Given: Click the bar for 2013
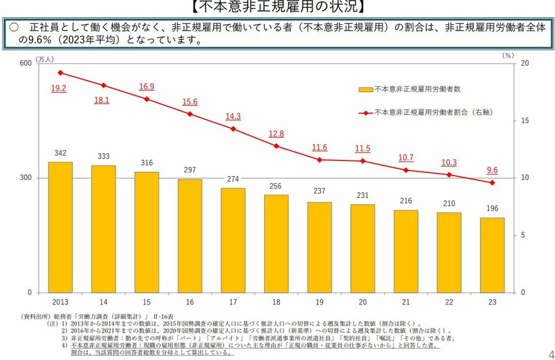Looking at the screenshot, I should [x=60, y=227].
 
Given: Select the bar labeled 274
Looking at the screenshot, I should [x=233, y=240].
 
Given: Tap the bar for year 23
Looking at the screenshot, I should [x=492, y=255].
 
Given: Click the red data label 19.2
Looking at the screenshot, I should [x=59, y=88].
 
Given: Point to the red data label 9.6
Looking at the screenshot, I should [x=492, y=170].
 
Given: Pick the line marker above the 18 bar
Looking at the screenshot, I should [x=276, y=146].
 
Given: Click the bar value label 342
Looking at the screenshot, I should [x=60, y=153].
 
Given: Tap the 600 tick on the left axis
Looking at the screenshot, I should [x=26, y=63].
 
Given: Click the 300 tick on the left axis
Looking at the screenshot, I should [x=26, y=178].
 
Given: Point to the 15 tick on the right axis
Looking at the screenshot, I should [x=524, y=121].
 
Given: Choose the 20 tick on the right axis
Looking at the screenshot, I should [x=524, y=63].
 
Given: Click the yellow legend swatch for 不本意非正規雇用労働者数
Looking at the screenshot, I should [x=366, y=90].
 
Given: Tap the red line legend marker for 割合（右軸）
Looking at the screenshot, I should [x=366, y=112].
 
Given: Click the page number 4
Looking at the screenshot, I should [x=551, y=354].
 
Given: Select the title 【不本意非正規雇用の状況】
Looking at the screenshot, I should [x=277, y=7].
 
